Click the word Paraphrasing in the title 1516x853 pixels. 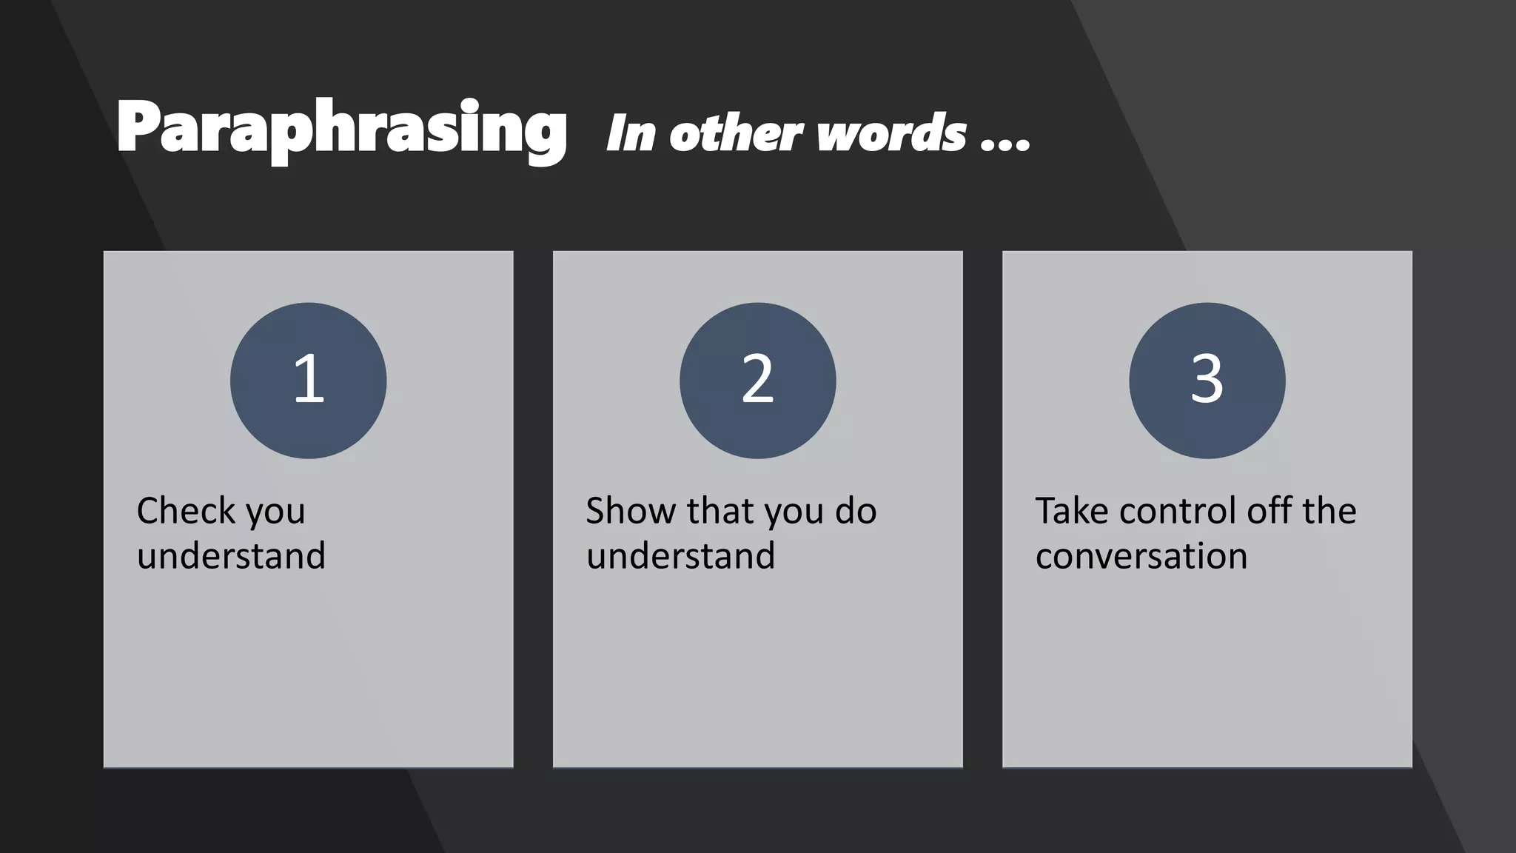pyautogui.click(x=341, y=130)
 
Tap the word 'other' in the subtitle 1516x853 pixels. pyautogui.click(x=735, y=134)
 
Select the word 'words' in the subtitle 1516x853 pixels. pyautogui.click(x=892, y=134)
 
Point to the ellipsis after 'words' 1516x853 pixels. pyautogui.click(x=1005, y=144)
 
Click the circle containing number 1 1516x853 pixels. pyautogui.click(x=308, y=381)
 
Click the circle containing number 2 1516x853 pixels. pyautogui.click(x=757, y=381)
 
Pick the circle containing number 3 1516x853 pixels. pyautogui.click(x=1207, y=381)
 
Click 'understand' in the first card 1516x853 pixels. pyautogui.click(x=231, y=555)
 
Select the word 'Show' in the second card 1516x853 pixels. pyautogui.click(x=631, y=511)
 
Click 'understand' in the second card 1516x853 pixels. pyautogui.click(x=680, y=555)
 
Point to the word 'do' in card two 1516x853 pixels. pyautogui.click(x=856, y=511)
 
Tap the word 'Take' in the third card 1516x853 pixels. pyautogui.click(x=1071, y=511)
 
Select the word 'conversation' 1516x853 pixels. pyautogui.click(x=1141, y=555)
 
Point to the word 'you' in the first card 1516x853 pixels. pyautogui.click(x=275, y=512)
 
